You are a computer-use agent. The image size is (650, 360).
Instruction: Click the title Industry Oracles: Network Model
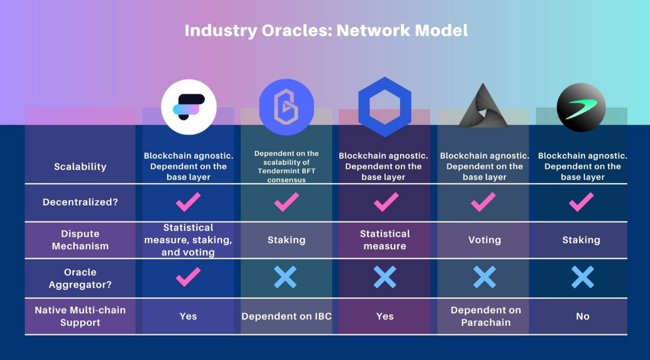point(326,30)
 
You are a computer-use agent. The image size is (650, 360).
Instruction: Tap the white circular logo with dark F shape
point(189,107)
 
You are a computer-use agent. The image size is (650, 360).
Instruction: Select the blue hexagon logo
point(385,107)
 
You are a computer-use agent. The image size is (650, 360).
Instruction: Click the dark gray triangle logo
point(483,106)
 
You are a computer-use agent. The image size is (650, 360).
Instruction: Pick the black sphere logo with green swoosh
point(581,108)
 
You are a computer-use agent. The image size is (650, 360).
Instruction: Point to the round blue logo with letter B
point(287,107)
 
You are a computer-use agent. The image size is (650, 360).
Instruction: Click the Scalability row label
point(80,167)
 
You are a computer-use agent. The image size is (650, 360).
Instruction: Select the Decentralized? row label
point(80,202)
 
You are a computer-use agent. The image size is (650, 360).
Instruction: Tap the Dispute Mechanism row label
point(80,240)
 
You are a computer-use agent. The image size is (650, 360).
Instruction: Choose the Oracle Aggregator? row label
point(80,278)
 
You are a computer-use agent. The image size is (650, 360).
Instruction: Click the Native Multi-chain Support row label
point(80,316)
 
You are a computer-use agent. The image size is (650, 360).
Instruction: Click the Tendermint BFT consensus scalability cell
point(287,167)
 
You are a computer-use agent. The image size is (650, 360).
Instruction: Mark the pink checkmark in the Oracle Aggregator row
point(188,277)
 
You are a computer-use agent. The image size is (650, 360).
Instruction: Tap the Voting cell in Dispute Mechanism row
point(485,240)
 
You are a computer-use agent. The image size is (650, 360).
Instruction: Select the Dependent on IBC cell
point(287,316)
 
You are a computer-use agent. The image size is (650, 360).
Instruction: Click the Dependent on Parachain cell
point(486,316)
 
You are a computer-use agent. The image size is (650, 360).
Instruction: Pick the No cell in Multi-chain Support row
point(582,316)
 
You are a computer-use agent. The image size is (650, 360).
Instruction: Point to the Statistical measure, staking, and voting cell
point(188,240)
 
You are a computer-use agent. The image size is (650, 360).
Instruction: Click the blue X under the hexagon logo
point(385,277)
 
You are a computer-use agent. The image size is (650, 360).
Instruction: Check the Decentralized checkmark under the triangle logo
point(483,202)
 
